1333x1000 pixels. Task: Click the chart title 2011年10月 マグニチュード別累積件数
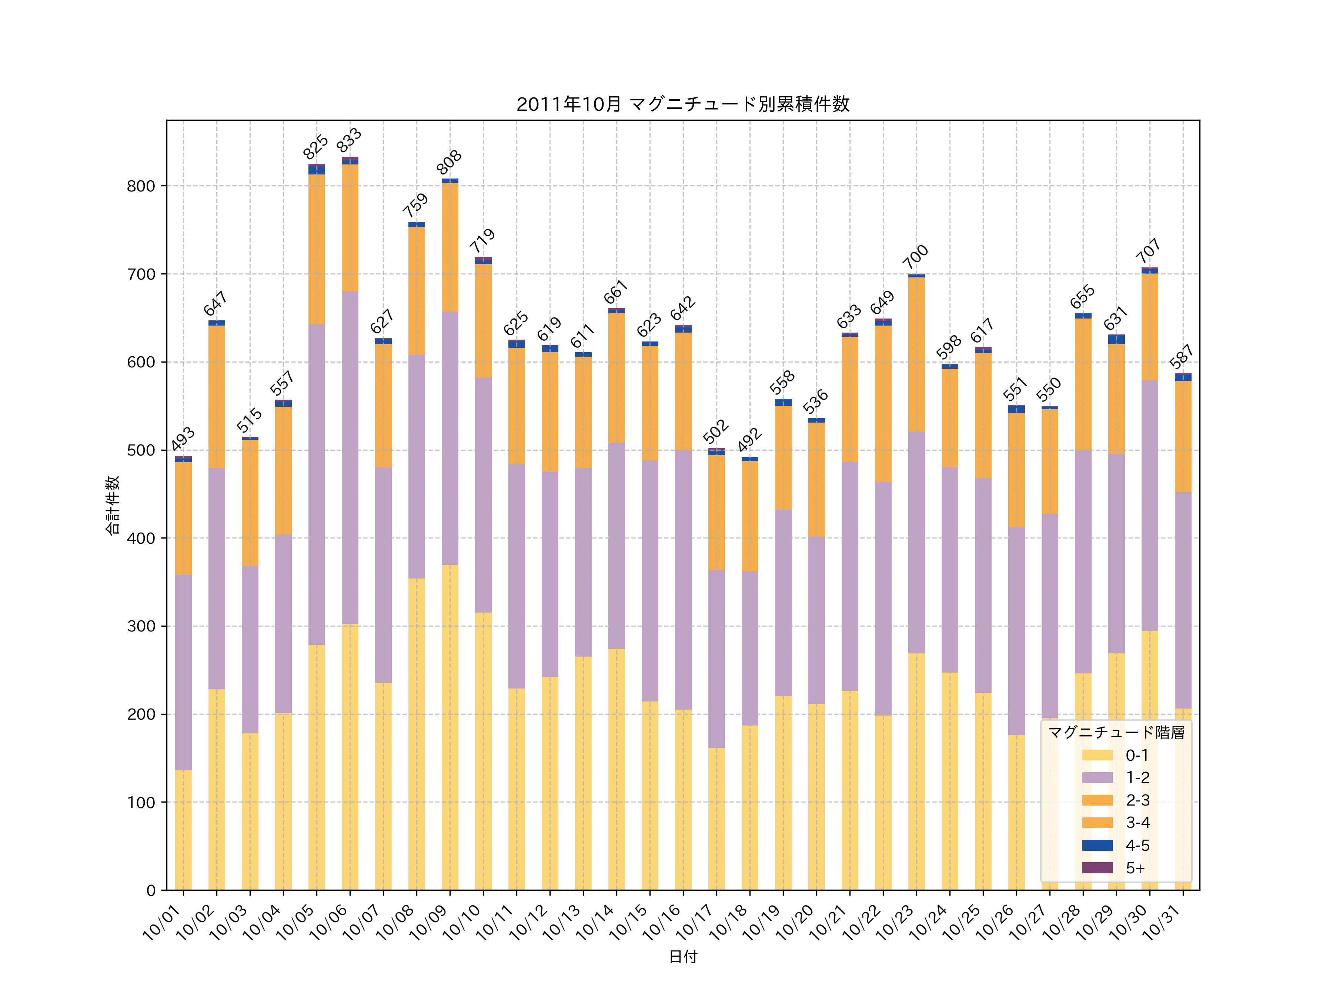(x=683, y=104)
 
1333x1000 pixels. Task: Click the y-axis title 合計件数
(x=113, y=505)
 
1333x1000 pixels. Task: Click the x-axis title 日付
(x=683, y=957)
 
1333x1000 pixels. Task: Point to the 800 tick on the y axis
(x=141, y=186)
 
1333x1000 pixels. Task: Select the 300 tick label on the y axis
(x=141, y=626)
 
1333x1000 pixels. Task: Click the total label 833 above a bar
(x=349, y=140)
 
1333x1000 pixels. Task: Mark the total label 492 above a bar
(x=750, y=440)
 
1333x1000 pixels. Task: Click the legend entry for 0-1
(x=1136, y=755)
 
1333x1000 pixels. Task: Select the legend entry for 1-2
(x=1136, y=777)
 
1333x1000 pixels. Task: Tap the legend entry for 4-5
(x=1136, y=845)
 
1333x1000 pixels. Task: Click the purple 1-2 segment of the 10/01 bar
(x=183, y=672)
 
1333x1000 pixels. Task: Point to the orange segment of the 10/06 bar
(x=350, y=228)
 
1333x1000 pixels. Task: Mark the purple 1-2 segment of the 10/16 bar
(x=683, y=580)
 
